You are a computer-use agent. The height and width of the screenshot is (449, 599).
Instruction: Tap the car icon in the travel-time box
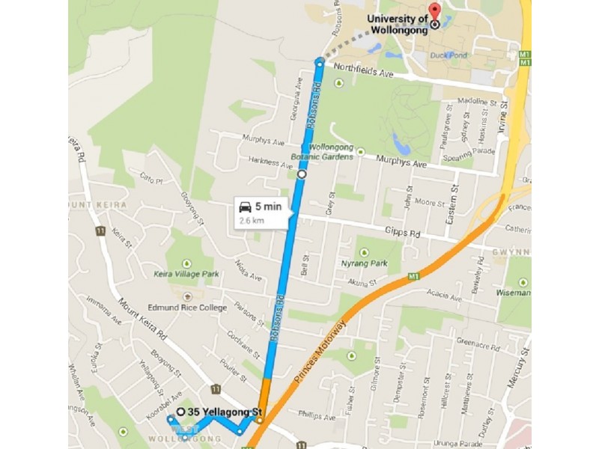[x=245, y=207]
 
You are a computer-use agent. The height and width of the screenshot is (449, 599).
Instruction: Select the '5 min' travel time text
[x=268, y=207]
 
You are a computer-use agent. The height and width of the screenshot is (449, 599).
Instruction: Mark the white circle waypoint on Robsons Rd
[x=302, y=174]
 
